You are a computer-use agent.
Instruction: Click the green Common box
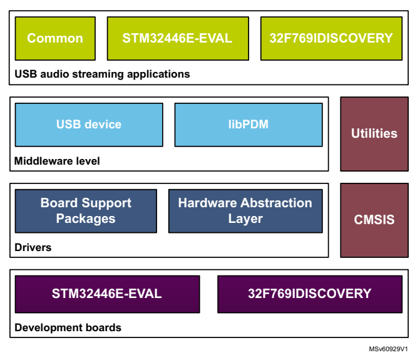(55, 38)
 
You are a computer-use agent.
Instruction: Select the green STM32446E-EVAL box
(178, 38)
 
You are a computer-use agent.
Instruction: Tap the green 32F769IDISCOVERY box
(330, 38)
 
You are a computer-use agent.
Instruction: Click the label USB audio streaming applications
(102, 74)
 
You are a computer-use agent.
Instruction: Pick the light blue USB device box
(89, 125)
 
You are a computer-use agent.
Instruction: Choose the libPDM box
(248, 125)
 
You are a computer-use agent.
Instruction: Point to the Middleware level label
(57, 161)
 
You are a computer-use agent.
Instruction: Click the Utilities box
(374, 133)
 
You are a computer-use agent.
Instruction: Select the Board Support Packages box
(86, 211)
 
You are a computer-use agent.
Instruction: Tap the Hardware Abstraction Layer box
(245, 211)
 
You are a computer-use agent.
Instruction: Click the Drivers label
(33, 247)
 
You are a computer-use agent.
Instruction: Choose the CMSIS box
(374, 220)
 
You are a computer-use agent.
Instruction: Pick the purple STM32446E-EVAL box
(107, 294)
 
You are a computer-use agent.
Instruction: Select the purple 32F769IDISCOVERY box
(309, 294)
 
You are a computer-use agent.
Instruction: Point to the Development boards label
(68, 327)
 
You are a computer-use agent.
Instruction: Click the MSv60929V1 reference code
(388, 349)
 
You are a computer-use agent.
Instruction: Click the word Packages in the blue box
(86, 219)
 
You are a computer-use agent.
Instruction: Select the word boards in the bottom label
(106, 327)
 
